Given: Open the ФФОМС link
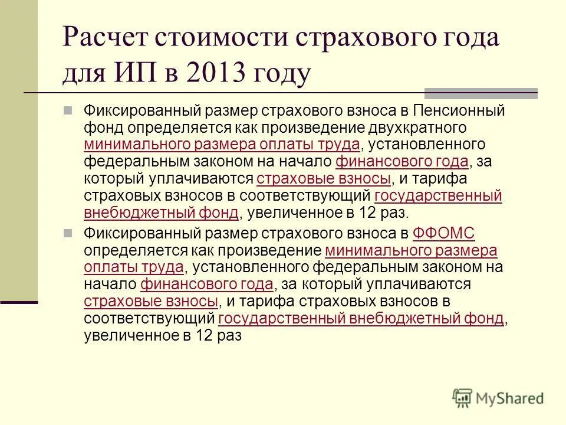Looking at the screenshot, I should pos(444,233).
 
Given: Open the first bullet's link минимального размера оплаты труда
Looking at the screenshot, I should pos(222,145).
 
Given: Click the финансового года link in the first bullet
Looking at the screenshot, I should pos(402,162).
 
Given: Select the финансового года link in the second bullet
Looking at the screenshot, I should pos(207,285).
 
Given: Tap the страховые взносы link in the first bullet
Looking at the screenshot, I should pos(324,179).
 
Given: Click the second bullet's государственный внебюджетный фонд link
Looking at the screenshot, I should pos(361,319).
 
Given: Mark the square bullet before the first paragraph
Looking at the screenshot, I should pos(68,110).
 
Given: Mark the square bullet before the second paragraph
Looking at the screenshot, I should pos(68,233).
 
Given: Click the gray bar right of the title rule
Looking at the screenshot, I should pos(481,93).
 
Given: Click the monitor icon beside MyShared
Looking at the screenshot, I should pos(463,398).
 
